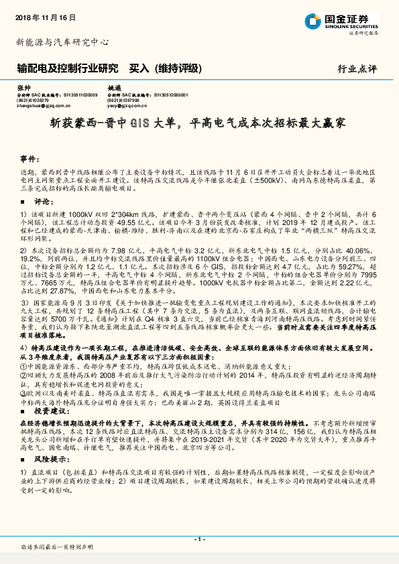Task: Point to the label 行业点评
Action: point(357,69)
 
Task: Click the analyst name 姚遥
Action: point(114,88)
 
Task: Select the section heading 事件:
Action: point(28,159)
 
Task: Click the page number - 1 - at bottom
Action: point(199,539)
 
